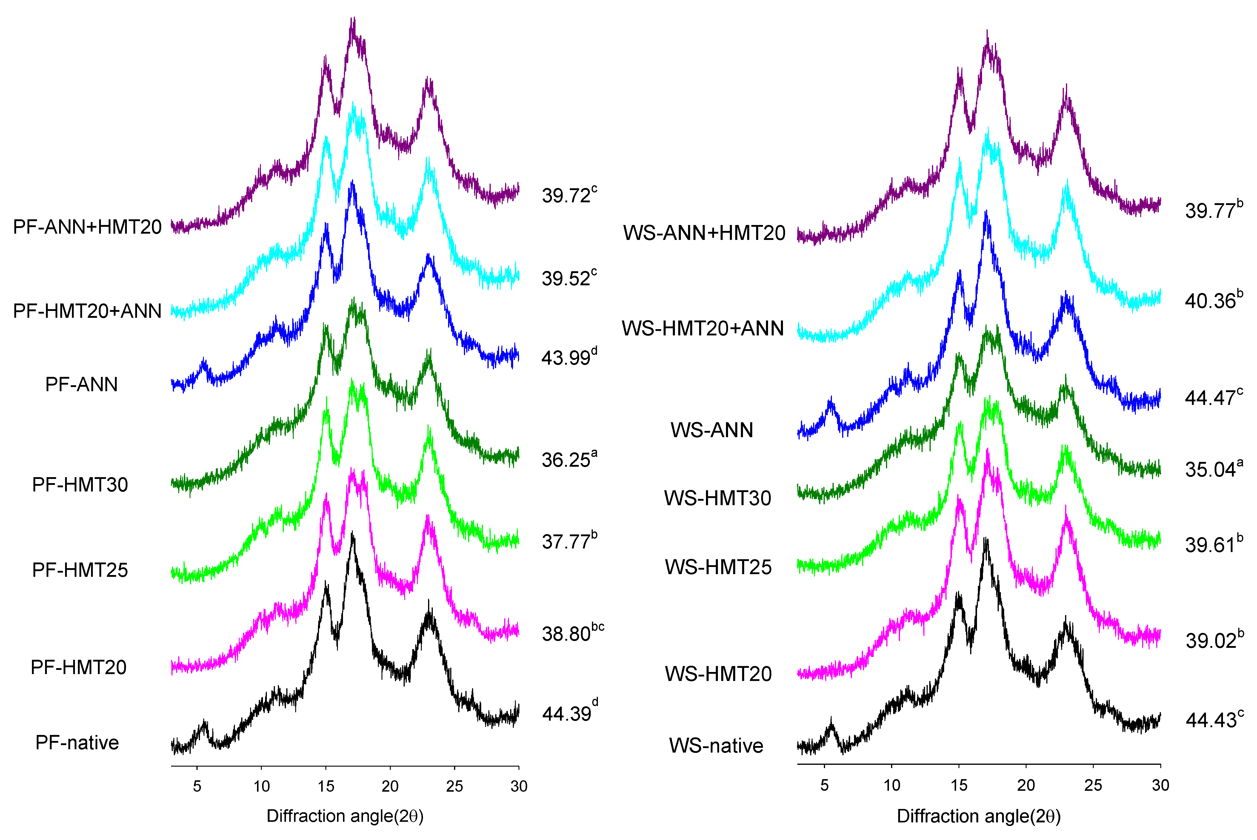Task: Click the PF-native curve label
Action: [77, 742]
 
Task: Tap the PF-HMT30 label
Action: [80, 484]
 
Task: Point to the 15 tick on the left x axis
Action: [326, 786]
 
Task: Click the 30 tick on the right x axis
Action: [1160, 785]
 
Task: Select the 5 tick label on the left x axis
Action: [197, 786]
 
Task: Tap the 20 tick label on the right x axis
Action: [1026, 785]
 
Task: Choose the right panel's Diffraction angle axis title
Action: [978, 816]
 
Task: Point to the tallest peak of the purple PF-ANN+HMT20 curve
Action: [353, 24]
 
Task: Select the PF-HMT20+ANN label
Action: [87, 311]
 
